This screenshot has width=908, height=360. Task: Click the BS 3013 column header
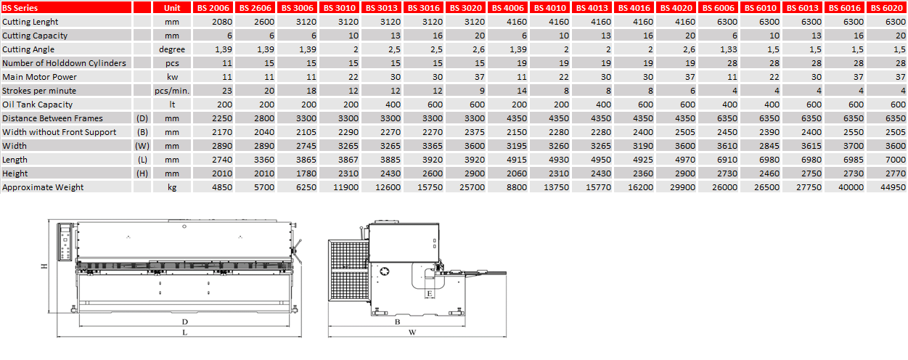(382, 8)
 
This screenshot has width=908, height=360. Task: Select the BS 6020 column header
(886, 8)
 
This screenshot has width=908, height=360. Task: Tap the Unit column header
(172, 8)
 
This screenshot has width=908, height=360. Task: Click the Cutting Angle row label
(28, 49)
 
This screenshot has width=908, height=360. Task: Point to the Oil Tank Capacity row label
(37, 105)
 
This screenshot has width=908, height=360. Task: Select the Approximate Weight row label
(43, 187)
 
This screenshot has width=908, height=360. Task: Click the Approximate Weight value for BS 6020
(892, 187)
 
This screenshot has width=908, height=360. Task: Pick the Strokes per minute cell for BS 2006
(227, 91)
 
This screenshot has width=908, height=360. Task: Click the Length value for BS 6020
(895, 160)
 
